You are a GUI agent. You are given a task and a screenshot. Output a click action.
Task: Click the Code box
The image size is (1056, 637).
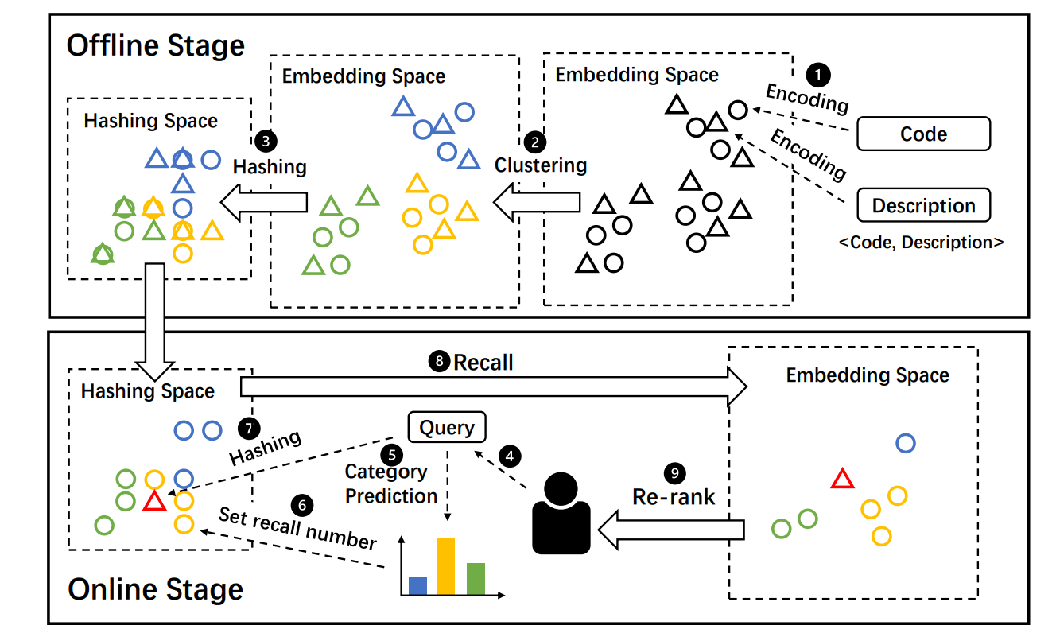tap(923, 134)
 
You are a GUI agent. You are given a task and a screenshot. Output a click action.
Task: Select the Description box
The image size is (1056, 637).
tap(923, 205)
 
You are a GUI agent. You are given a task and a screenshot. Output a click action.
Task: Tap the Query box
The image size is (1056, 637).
tap(447, 428)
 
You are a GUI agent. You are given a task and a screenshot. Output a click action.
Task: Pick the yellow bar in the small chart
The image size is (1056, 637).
tap(445, 565)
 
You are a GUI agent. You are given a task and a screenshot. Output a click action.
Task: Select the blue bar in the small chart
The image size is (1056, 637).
tap(417, 585)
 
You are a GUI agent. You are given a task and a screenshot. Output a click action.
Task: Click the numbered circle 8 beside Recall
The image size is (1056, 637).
tap(439, 363)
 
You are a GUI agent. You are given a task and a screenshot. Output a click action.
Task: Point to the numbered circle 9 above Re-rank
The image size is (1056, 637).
tap(675, 472)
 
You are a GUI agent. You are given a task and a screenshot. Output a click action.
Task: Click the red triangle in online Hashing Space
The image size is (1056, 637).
tap(153, 501)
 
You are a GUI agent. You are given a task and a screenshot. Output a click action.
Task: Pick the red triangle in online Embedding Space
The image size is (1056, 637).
tap(842, 479)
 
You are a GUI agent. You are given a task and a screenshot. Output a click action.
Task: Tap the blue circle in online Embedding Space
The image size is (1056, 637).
tap(906, 442)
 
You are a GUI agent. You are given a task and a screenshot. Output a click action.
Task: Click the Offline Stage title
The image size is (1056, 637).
tap(155, 45)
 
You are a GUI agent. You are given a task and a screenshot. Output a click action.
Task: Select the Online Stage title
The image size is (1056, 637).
tap(155, 589)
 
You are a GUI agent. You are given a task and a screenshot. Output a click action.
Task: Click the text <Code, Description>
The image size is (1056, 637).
tap(921, 243)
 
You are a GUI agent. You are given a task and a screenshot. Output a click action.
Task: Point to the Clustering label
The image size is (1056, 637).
tap(541, 165)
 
